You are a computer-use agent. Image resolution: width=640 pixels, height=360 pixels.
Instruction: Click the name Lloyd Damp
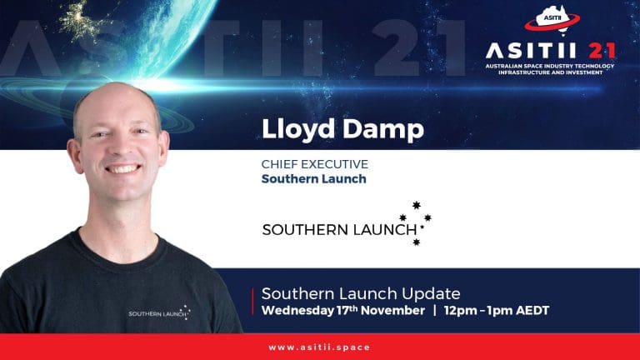[x=342, y=130]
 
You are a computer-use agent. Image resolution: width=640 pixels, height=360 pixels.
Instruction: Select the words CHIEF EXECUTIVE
[x=315, y=164]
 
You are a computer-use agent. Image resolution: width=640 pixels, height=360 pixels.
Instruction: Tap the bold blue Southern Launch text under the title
[x=314, y=179]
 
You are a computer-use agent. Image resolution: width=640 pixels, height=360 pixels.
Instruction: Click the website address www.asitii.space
[x=319, y=347]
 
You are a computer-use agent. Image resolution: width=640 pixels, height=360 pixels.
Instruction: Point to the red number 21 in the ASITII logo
[x=602, y=51]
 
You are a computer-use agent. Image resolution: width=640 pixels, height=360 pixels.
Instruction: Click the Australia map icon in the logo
[x=552, y=19]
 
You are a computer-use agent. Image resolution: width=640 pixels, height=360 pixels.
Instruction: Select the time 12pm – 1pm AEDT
[x=497, y=311]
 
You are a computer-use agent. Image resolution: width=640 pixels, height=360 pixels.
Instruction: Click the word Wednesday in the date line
[x=297, y=311]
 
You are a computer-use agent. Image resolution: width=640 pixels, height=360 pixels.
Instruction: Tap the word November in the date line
[x=392, y=311]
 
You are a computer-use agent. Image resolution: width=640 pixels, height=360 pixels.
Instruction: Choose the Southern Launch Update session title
[x=361, y=293]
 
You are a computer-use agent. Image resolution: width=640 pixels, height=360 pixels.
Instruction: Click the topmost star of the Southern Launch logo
[x=417, y=205]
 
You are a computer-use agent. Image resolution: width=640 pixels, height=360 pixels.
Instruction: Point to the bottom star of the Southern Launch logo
[x=417, y=242]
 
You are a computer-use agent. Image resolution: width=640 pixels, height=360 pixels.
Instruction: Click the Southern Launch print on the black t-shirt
[x=159, y=313]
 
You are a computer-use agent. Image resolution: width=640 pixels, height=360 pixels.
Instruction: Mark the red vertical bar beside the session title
[x=253, y=302]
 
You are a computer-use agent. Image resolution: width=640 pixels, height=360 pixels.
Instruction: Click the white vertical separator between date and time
[x=435, y=311]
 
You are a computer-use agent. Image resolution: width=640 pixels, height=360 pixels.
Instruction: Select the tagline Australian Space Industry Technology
[x=550, y=66]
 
